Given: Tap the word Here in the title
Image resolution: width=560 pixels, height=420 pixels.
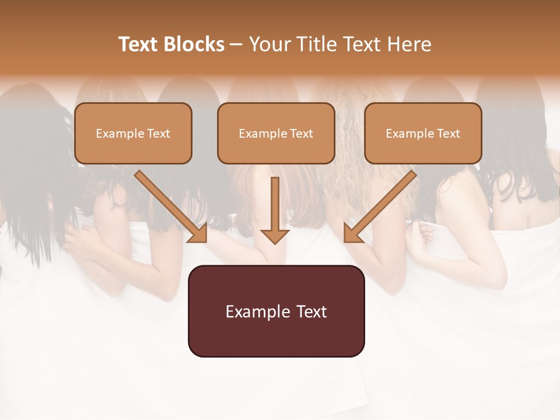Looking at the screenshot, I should [408, 44].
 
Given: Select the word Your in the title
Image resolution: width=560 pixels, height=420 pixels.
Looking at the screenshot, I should [268, 44].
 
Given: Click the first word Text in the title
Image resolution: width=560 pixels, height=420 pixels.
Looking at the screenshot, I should [138, 44].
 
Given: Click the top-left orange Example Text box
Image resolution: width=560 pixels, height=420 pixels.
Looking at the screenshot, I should [133, 133].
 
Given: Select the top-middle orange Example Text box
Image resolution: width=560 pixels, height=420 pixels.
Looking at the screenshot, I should [276, 133].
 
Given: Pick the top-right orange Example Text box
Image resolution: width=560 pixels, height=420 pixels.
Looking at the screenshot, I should [423, 133].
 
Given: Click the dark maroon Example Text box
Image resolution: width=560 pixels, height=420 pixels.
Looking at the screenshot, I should [276, 311].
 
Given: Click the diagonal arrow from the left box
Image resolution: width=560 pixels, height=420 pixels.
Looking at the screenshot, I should [169, 205].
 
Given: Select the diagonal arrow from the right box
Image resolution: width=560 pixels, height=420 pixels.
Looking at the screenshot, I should [382, 205].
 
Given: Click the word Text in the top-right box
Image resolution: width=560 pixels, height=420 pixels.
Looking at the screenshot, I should [448, 134].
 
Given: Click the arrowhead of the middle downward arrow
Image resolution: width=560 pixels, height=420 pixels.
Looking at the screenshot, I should [275, 236].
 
